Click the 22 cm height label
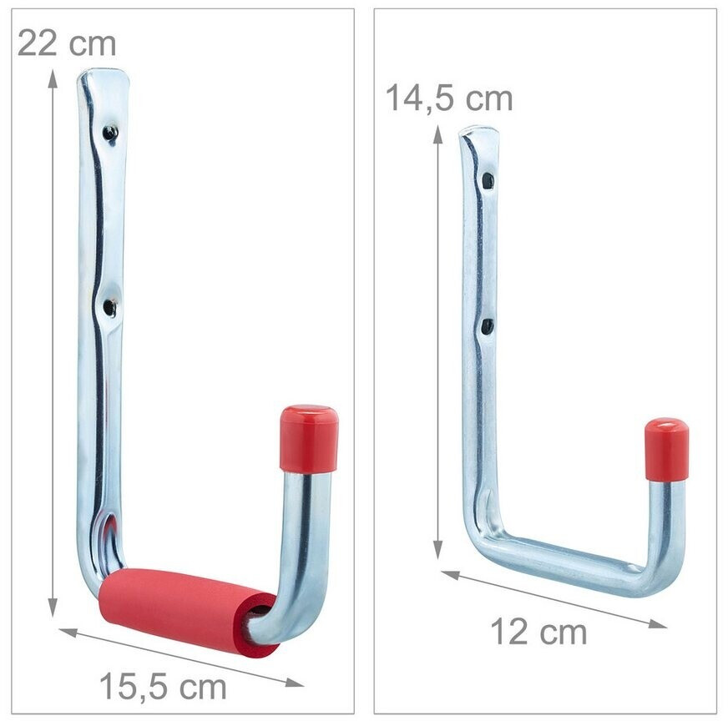[67, 43]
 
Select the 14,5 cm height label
[449, 98]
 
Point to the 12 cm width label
[538, 632]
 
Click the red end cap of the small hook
[665, 450]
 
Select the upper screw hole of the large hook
[110, 134]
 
